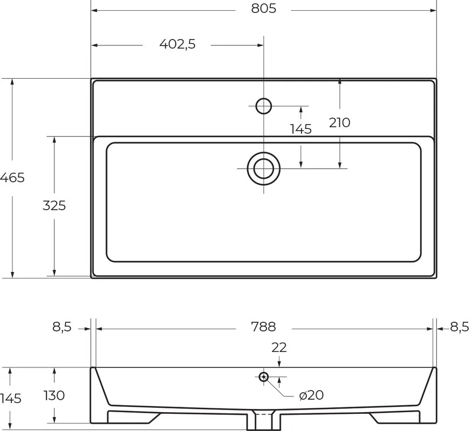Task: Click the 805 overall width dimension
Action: [x=263, y=9]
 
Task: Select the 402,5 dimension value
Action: [x=177, y=44]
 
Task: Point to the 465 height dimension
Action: [x=12, y=178]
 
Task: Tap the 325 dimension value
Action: [x=54, y=206]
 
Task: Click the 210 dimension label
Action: [x=339, y=123]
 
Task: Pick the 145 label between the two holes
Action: [x=301, y=129]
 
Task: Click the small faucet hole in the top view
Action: [x=263, y=106]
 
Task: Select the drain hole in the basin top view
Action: [x=263, y=169]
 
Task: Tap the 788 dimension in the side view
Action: [x=263, y=327]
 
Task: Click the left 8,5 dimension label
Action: [x=62, y=327]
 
